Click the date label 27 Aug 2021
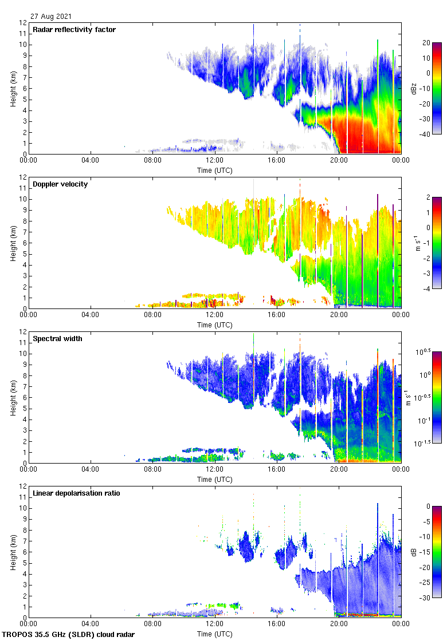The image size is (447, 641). pos(52,17)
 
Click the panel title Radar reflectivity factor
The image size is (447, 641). pos(74,30)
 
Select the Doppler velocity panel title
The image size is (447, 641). pos(60,184)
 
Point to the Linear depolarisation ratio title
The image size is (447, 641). pos(76,493)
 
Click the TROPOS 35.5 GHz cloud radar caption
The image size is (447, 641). pos(69,635)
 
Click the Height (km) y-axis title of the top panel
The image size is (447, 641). pos(13,88)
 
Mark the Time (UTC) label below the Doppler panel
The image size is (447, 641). pos(215,325)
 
